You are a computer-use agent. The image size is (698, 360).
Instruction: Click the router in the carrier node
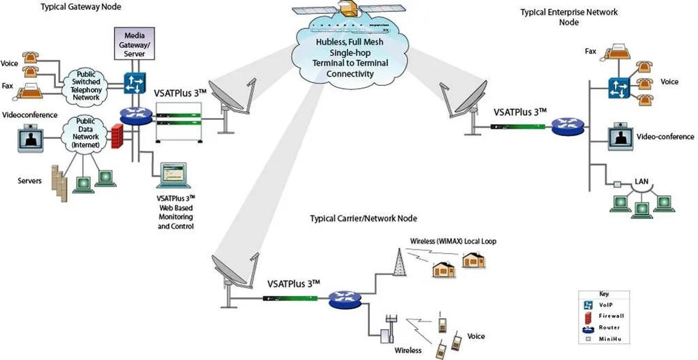(x=344, y=298)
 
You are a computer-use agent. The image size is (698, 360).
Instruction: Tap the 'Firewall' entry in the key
(x=611, y=315)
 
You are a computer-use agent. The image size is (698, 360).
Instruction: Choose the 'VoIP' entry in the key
(x=607, y=305)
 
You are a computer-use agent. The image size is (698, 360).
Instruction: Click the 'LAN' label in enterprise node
(x=641, y=182)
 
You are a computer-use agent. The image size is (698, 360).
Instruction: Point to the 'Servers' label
(x=29, y=181)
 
